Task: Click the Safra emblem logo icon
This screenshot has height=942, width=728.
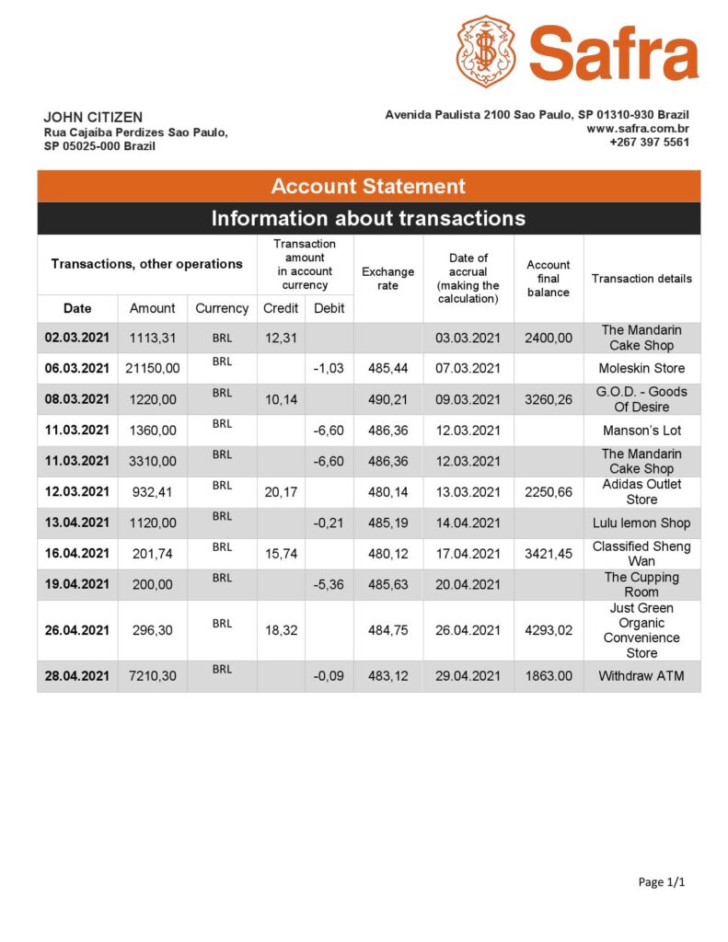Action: pos(485,51)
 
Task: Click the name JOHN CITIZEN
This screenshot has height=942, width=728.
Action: pos(93,117)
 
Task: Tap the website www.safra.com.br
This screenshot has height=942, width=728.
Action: pos(638,129)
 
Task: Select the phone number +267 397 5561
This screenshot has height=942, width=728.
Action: pos(649,143)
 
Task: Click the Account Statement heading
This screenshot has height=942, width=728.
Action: pos(368,186)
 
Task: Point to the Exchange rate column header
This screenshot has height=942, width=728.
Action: pos(387,279)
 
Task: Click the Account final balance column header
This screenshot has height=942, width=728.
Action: pos(549,279)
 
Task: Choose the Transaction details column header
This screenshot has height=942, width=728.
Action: pos(641,279)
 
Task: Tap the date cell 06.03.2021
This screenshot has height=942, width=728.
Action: pos(77,368)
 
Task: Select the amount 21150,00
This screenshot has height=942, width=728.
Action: pos(152,368)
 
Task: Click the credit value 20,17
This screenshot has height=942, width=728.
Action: pos(281,492)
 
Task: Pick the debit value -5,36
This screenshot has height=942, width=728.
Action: pos(329,584)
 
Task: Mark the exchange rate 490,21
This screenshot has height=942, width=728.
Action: pos(387,399)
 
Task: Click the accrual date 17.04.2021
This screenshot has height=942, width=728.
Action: pos(468,554)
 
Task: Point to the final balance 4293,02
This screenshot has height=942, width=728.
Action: pos(549,631)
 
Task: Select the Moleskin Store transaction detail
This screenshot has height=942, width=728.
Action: pos(641,368)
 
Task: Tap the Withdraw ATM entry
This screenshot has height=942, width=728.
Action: pos(641,676)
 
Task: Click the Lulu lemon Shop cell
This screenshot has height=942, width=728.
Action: pos(641,523)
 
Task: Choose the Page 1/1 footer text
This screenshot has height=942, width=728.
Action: pos(662,882)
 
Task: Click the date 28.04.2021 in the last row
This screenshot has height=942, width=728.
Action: pos(77,676)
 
